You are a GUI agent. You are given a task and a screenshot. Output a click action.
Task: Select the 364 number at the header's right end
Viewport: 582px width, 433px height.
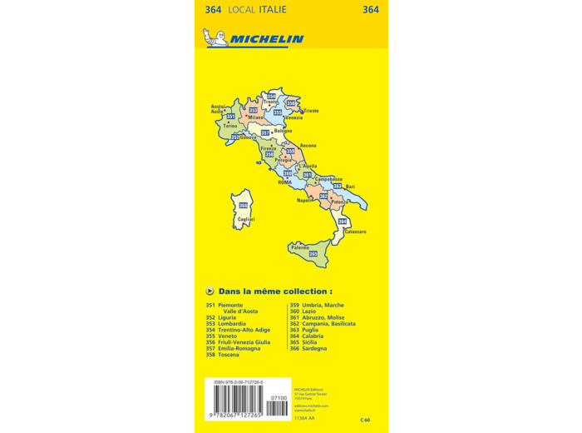[x=371, y=10]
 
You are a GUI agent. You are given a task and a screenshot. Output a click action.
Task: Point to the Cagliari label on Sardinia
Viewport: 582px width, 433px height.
[x=245, y=219]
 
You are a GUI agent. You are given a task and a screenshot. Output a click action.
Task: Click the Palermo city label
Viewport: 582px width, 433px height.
[x=299, y=247]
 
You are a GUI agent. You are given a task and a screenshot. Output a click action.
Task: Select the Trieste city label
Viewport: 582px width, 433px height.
[x=310, y=111]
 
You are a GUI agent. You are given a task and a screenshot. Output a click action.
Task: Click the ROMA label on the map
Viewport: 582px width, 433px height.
[x=286, y=182]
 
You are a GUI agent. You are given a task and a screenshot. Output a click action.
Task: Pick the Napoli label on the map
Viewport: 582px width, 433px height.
[x=304, y=201]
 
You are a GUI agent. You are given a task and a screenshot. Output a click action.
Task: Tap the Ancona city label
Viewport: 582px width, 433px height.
[x=308, y=146]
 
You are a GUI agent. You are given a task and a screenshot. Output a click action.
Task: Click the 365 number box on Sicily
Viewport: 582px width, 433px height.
[x=313, y=254]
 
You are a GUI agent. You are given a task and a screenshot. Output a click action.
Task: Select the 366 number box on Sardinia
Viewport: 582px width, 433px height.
[x=243, y=206]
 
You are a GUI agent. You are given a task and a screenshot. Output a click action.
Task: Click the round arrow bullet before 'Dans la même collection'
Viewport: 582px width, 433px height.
[x=210, y=291]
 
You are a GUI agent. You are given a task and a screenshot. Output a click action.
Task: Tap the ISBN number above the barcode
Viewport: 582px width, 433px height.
[x=239, y=381]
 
